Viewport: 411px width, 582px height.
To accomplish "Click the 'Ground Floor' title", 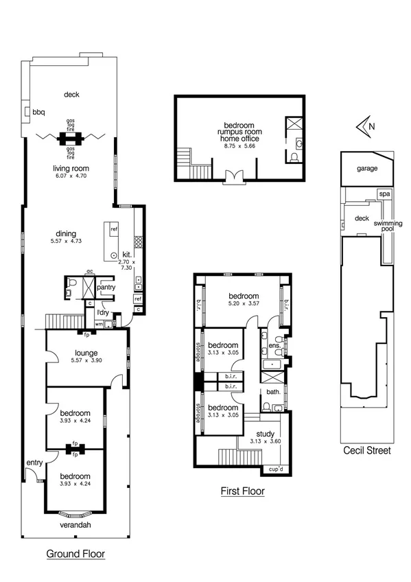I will tap(75, 553).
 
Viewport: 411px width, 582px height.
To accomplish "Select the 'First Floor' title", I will tap(242, 491).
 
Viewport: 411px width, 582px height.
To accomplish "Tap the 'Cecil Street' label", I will tap(368, 451).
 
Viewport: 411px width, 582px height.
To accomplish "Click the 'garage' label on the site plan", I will tap(366, 168).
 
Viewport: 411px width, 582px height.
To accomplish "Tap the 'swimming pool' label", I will tap(388, 227).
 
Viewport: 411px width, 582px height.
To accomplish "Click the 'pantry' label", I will tap(106, 288).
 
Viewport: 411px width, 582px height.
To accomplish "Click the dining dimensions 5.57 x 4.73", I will tap(67, 242).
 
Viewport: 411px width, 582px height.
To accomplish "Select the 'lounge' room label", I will tap(86, 353).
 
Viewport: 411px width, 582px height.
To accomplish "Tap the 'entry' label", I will tap(34, 464).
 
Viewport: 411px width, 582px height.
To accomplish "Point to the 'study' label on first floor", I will tap(265, 434).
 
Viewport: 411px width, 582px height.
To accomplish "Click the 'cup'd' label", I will tap(276, 470).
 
